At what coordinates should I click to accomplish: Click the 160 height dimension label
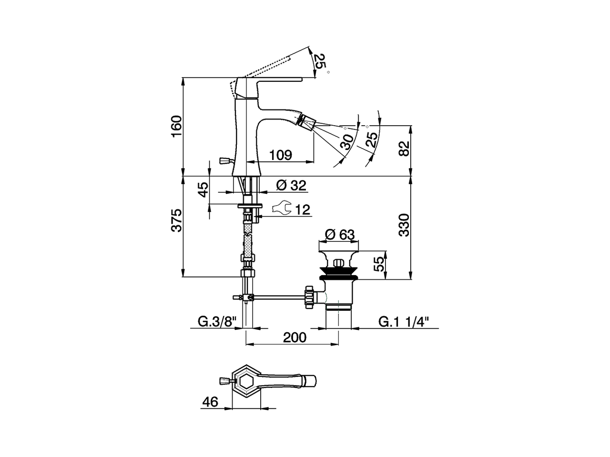(176, 126)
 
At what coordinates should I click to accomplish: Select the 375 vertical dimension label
(176, 220)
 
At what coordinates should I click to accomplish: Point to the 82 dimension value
(404, 149)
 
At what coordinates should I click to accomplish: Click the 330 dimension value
(404, 225)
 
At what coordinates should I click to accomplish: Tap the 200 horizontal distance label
(295, 337)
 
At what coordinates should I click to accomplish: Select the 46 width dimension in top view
(210, 402)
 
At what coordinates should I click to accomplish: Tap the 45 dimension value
(203, 189)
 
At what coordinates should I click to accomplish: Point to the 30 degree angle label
(347, 141)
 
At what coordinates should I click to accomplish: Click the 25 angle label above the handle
(320, 61)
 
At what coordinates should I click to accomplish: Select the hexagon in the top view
(247, 381)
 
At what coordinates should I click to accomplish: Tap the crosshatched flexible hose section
(248, 243)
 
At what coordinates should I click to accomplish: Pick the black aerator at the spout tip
(302, 120)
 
